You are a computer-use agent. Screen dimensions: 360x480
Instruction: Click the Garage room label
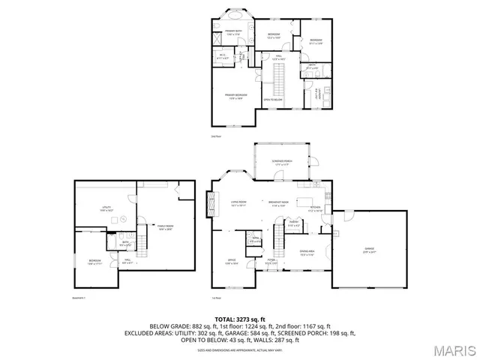[369, 249]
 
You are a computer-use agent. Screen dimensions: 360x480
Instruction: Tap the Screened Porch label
[283, 162]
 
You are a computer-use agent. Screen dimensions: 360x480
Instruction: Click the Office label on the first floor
[232, 262]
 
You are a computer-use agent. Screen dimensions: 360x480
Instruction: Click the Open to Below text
[272, 99]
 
